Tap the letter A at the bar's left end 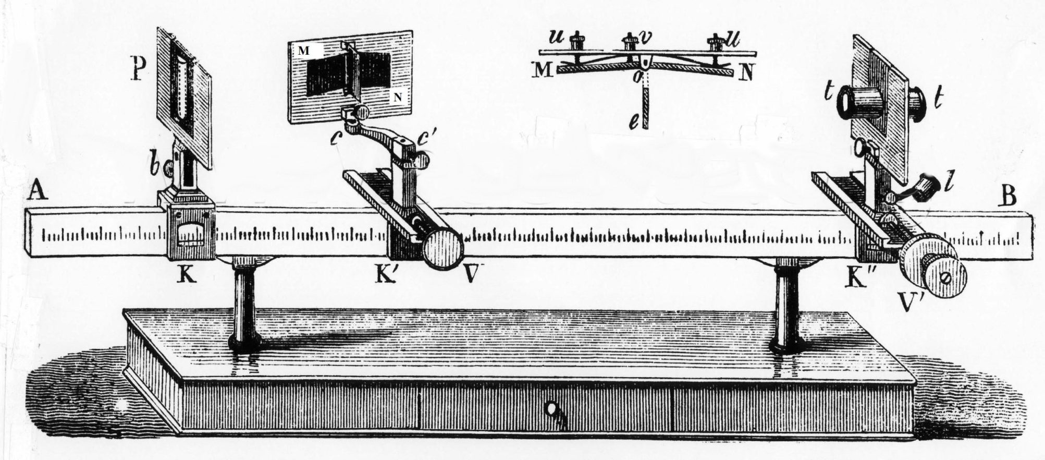click(39, 191)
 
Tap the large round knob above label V click(442, 249)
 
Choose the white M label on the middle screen click(303, 50)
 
